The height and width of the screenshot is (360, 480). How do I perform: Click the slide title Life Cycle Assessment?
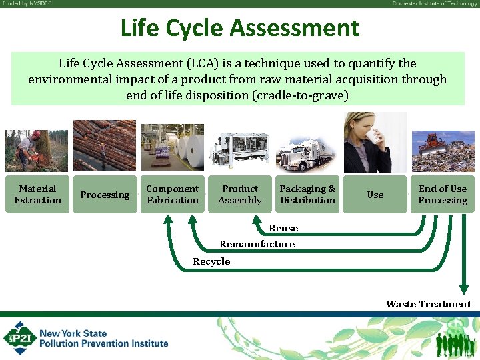click(x=239, y=28)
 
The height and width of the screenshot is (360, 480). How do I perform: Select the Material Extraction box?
click(x=37, y=194)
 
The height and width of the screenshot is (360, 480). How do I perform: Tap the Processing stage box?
click(x=105, y=195)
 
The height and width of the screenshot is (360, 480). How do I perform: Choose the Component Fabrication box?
click(x=173, y=194)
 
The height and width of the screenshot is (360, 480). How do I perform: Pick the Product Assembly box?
click(x=240, y=194)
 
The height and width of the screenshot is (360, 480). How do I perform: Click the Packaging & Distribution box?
click(x=307, y=194)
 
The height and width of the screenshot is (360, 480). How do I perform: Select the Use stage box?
click(x=375, y=195)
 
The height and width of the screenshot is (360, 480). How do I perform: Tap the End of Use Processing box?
click(x=443, y=194)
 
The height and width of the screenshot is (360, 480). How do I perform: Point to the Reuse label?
click(x=283, y=228)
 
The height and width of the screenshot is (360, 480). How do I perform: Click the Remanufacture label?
click(x=257, y=244)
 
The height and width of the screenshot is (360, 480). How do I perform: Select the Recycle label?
click(x=211, y=261)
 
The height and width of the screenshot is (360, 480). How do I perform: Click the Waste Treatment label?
click(x=428, y=304)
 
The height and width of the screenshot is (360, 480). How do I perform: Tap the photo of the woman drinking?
click(x=368, y=143)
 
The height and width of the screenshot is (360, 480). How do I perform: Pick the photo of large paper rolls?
click(x=173, y=147)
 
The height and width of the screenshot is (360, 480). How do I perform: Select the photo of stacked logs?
click(x=105, y=145)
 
